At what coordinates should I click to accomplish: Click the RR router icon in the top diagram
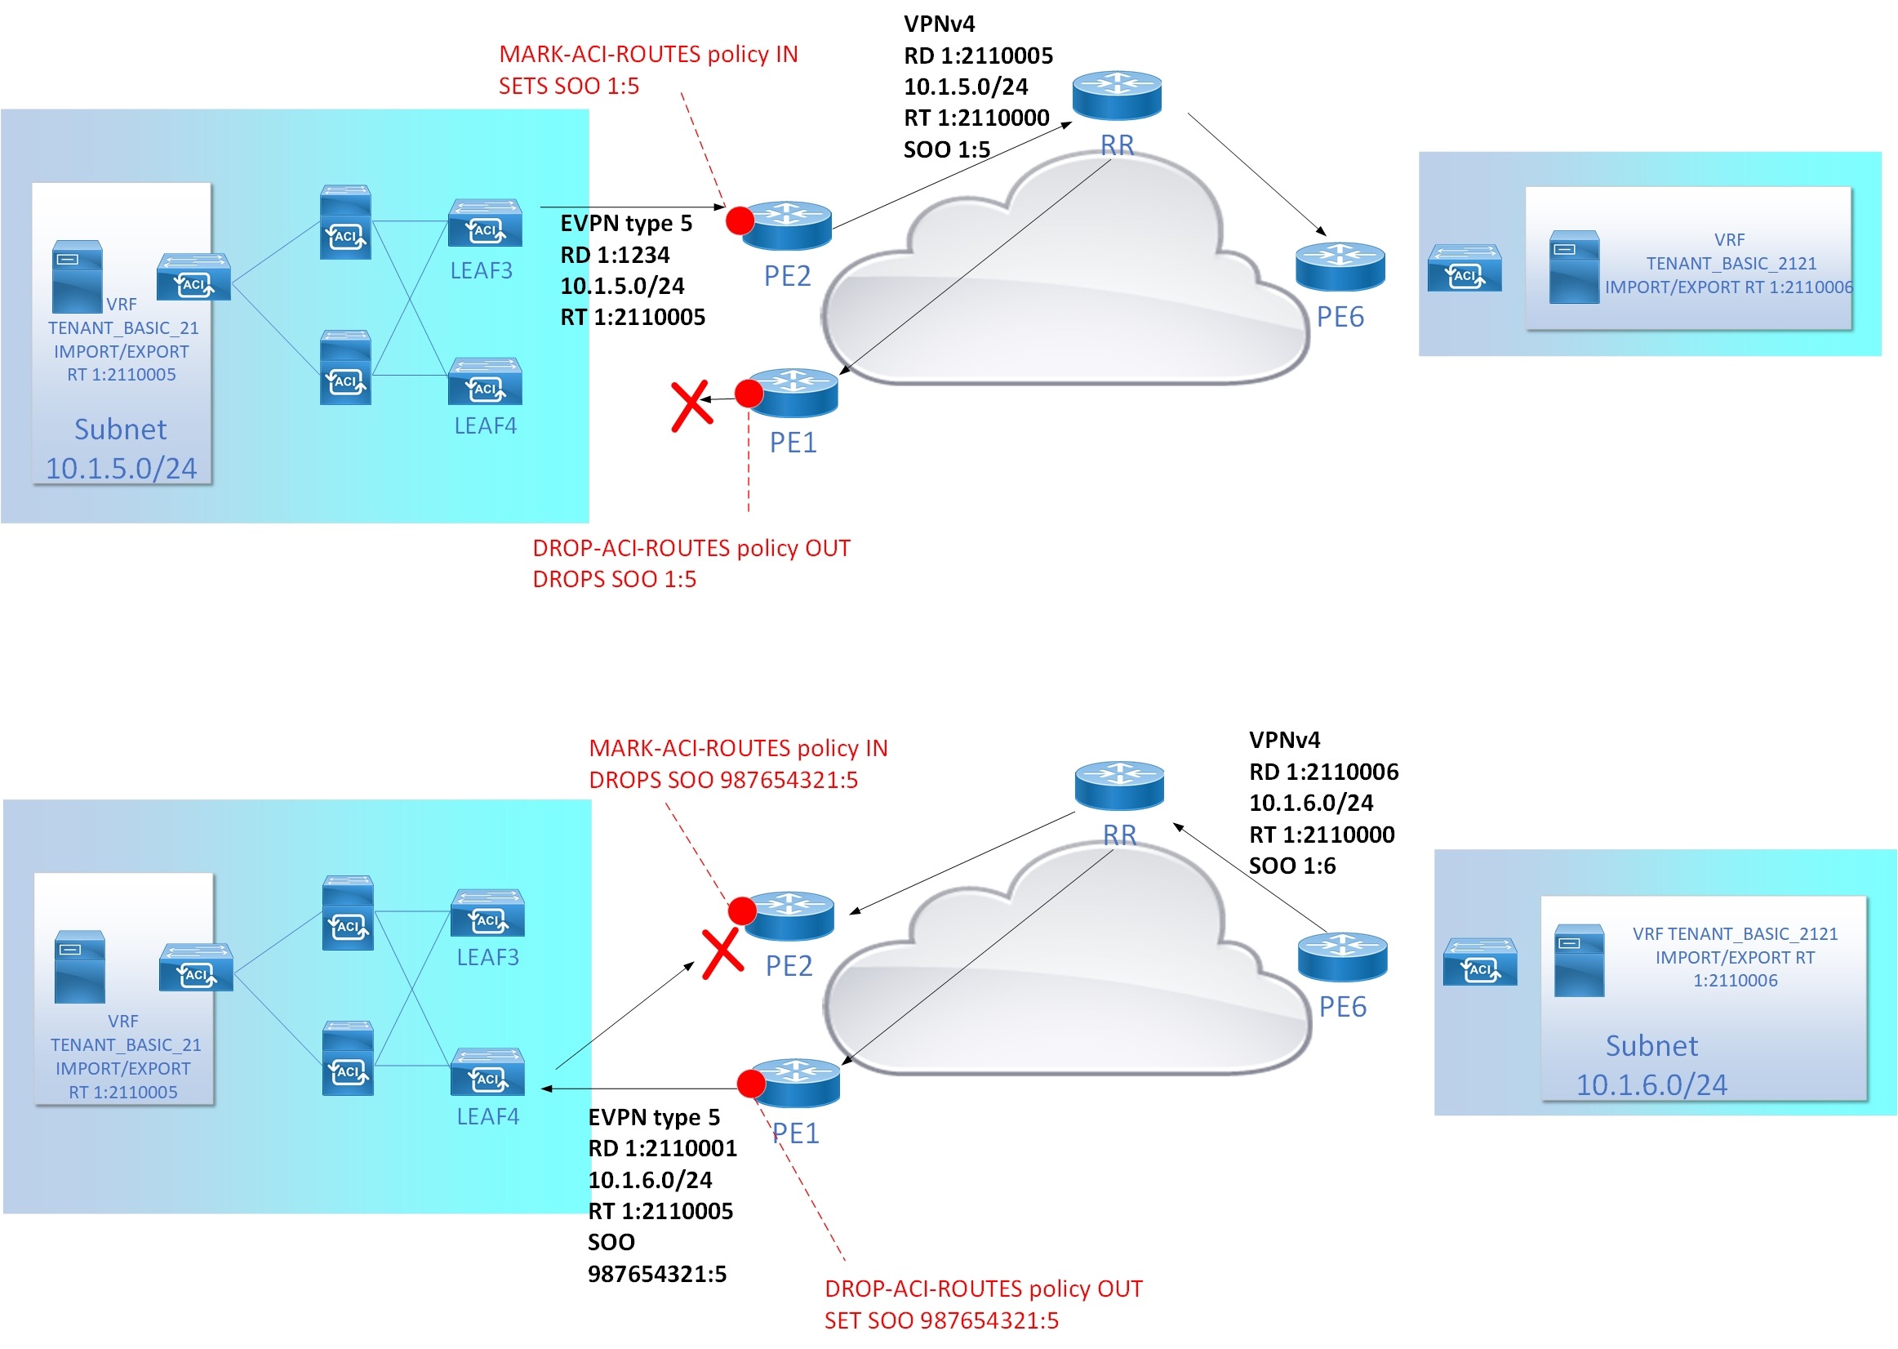1116,95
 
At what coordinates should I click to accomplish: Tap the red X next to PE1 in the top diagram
691,405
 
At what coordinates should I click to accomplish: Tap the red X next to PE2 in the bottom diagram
722,954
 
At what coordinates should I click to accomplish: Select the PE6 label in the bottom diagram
1342,1007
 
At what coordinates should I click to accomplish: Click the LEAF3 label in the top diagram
481,271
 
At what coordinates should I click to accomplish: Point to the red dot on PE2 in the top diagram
740,220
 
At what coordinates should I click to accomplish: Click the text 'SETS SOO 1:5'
569,87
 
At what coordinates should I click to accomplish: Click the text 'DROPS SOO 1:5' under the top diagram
614,579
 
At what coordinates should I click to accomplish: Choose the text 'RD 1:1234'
615,255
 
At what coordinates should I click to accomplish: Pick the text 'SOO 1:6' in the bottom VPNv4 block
1292,866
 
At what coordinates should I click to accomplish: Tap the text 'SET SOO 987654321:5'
940,1320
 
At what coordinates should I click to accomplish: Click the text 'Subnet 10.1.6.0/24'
1651,1065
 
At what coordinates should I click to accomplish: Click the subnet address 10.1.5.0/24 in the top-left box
121,469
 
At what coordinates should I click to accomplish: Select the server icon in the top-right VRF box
1573,267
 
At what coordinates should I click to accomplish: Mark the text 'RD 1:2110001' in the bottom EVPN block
662,1148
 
